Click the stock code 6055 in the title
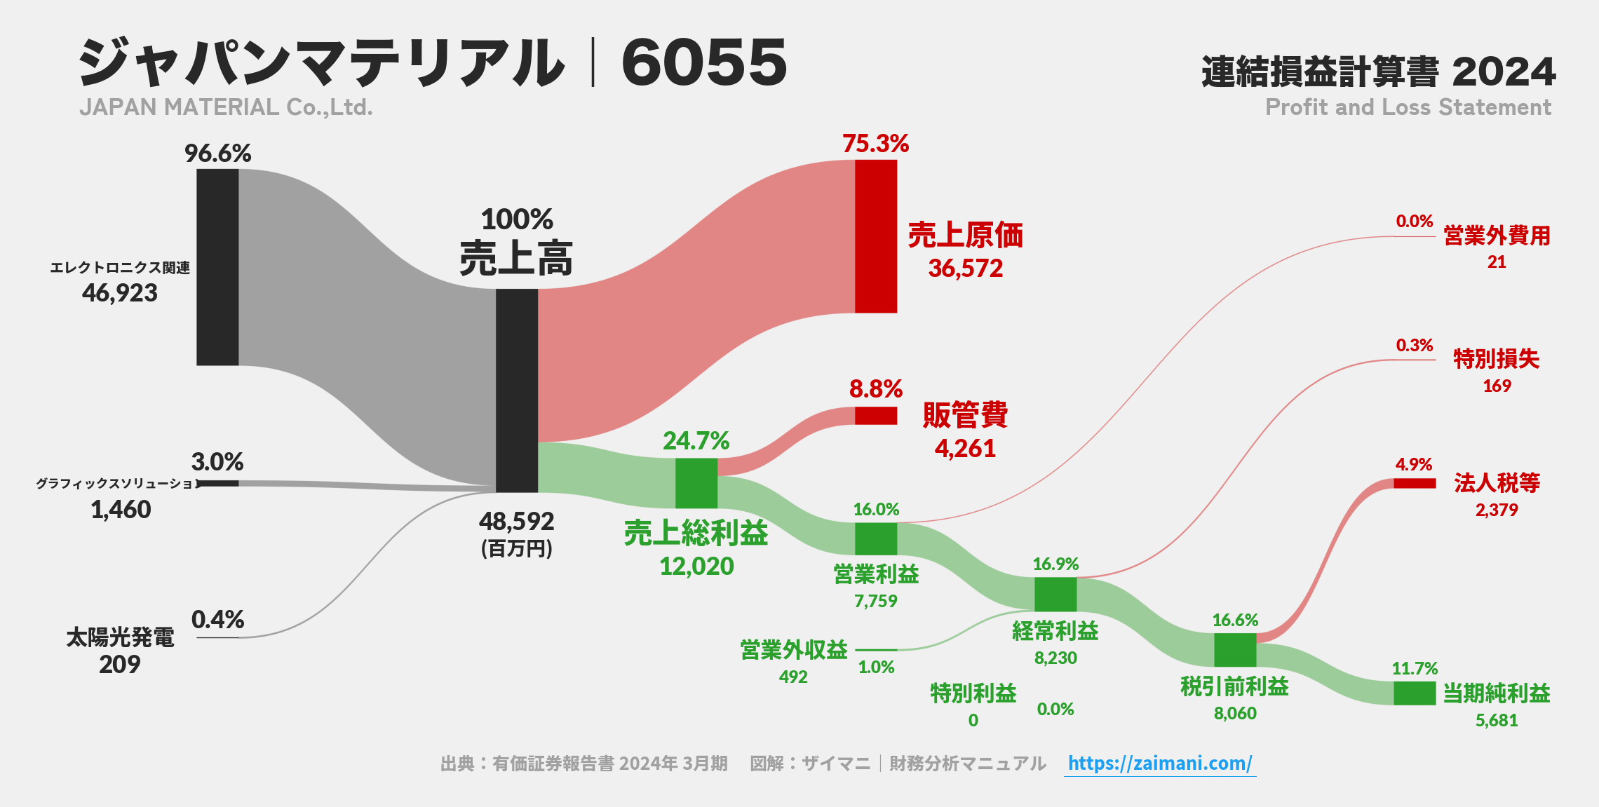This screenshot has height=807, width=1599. click(704, 62)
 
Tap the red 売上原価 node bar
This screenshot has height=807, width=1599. click(875, 236)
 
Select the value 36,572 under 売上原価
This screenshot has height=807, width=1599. click(965, 269)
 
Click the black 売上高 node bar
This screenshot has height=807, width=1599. click(517, 390)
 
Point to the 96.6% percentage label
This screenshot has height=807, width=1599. click(217, 154)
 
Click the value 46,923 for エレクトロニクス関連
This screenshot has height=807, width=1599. click(120, 293)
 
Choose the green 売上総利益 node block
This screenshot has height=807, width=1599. click(696, 483)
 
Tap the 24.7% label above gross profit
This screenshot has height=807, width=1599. click(696, 441)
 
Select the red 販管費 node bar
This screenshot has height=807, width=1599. click(875, 416)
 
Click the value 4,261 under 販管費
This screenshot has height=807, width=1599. click(965, 449)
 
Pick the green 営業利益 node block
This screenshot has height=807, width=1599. click(875, 538)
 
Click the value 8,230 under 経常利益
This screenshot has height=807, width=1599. click(1055, 658)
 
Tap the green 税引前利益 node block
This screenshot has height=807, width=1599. click(1234, 650)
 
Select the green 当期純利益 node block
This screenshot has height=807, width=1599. click(1414, 693)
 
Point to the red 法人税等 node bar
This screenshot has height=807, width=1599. click(1414, 483)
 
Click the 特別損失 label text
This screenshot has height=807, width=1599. click(1496, 359)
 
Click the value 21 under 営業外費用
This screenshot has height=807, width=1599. click(1496, 262)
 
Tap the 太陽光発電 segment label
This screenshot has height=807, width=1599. click(120, 637)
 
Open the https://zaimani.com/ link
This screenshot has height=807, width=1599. click(1159, 764)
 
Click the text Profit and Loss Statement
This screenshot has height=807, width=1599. click(1408, 107)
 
